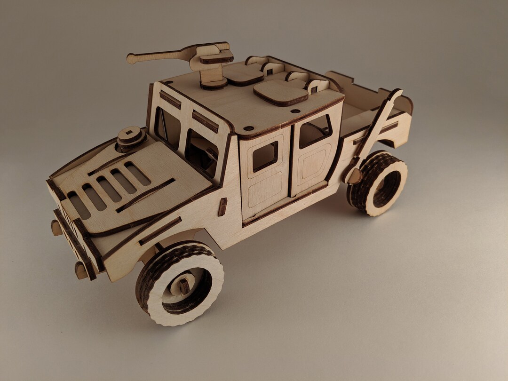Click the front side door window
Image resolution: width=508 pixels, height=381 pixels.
click(265, 157)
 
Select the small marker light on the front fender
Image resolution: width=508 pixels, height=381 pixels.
click(222, 207)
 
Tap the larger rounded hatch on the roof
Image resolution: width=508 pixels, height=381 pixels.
click(281, 92)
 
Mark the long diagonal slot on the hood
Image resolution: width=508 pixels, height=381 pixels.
click(146, 195)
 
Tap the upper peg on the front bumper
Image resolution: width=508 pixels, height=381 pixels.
click(56, 228)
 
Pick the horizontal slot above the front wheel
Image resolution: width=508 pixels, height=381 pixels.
click(160, 231)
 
